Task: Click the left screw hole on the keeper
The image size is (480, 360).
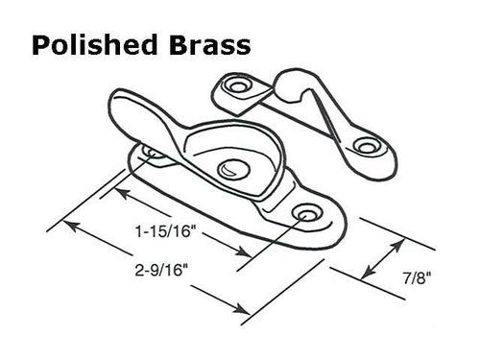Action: (x=236, y=87)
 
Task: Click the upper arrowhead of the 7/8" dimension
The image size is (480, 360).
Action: (x=390, y=246)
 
